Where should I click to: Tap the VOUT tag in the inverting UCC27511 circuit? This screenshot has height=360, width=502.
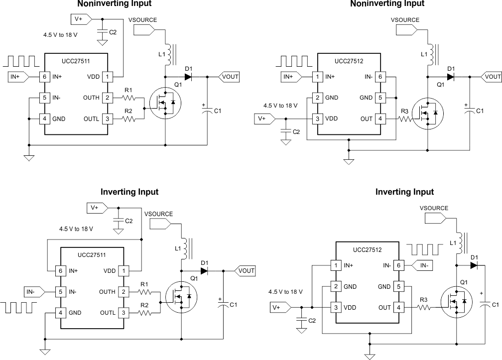(245, 271)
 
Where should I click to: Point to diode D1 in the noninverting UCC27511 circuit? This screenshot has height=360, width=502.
(188, 77)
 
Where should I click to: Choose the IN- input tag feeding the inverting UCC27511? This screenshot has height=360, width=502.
(32, 291)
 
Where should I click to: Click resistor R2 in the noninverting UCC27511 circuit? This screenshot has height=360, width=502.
(128, 119)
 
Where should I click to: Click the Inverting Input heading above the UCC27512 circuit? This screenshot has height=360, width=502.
(404, 192)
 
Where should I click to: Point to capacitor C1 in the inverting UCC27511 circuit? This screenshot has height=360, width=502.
(221, 304)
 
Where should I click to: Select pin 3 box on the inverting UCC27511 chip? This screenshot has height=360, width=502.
(123, 313)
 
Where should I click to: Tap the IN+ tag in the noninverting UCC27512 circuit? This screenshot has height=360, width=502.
(289, 77)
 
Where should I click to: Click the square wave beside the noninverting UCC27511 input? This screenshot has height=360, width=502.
(22, 61)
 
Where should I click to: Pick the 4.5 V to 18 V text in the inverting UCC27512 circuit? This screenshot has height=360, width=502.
(285, 292)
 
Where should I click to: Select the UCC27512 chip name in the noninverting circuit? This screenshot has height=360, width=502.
(349, 61)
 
